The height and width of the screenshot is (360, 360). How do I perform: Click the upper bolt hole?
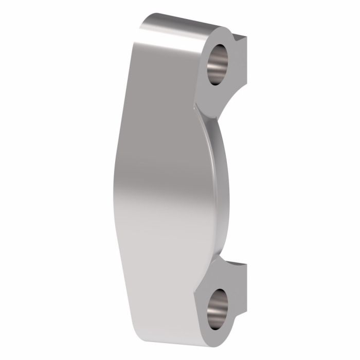220,64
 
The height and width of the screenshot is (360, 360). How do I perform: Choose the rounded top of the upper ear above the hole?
219,33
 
